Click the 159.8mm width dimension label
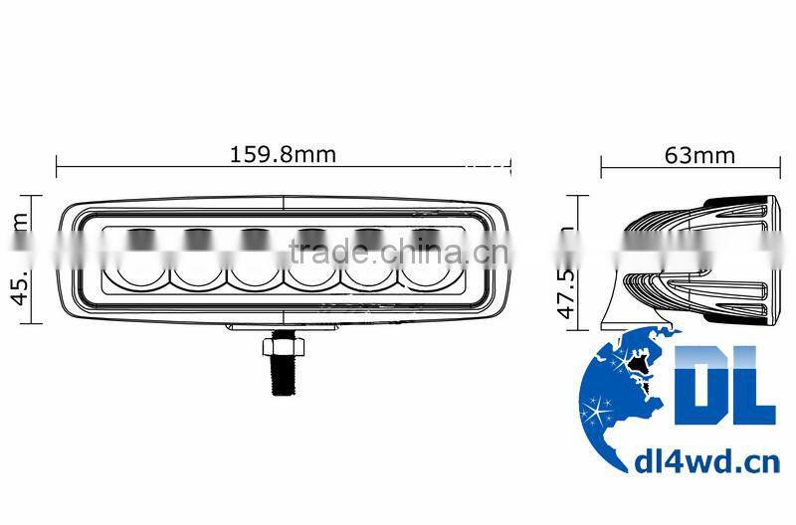[x=284, y=154]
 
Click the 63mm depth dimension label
[x=698, y=154]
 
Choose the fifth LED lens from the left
[x=369, y=262]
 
